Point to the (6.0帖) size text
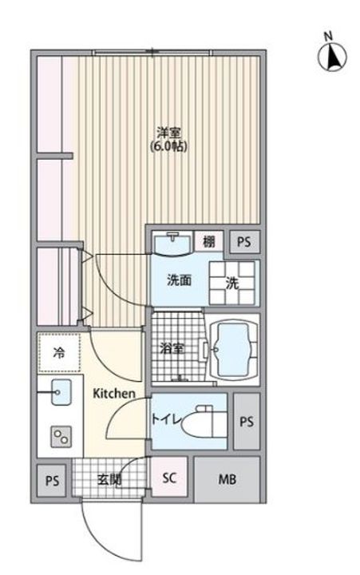[x=168, y=148]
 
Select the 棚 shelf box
[x=208, y=241]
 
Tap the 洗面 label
[x=177, y=280]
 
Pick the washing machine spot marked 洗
[x=231, y=282]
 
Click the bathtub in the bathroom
[x=231, y=349]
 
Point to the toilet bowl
[x=204, y=421]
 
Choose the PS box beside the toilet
[x=246, y=421]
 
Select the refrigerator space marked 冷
[x=59, y=351]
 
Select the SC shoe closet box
[x=169, y=479]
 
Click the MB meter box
[x=227, y=479]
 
